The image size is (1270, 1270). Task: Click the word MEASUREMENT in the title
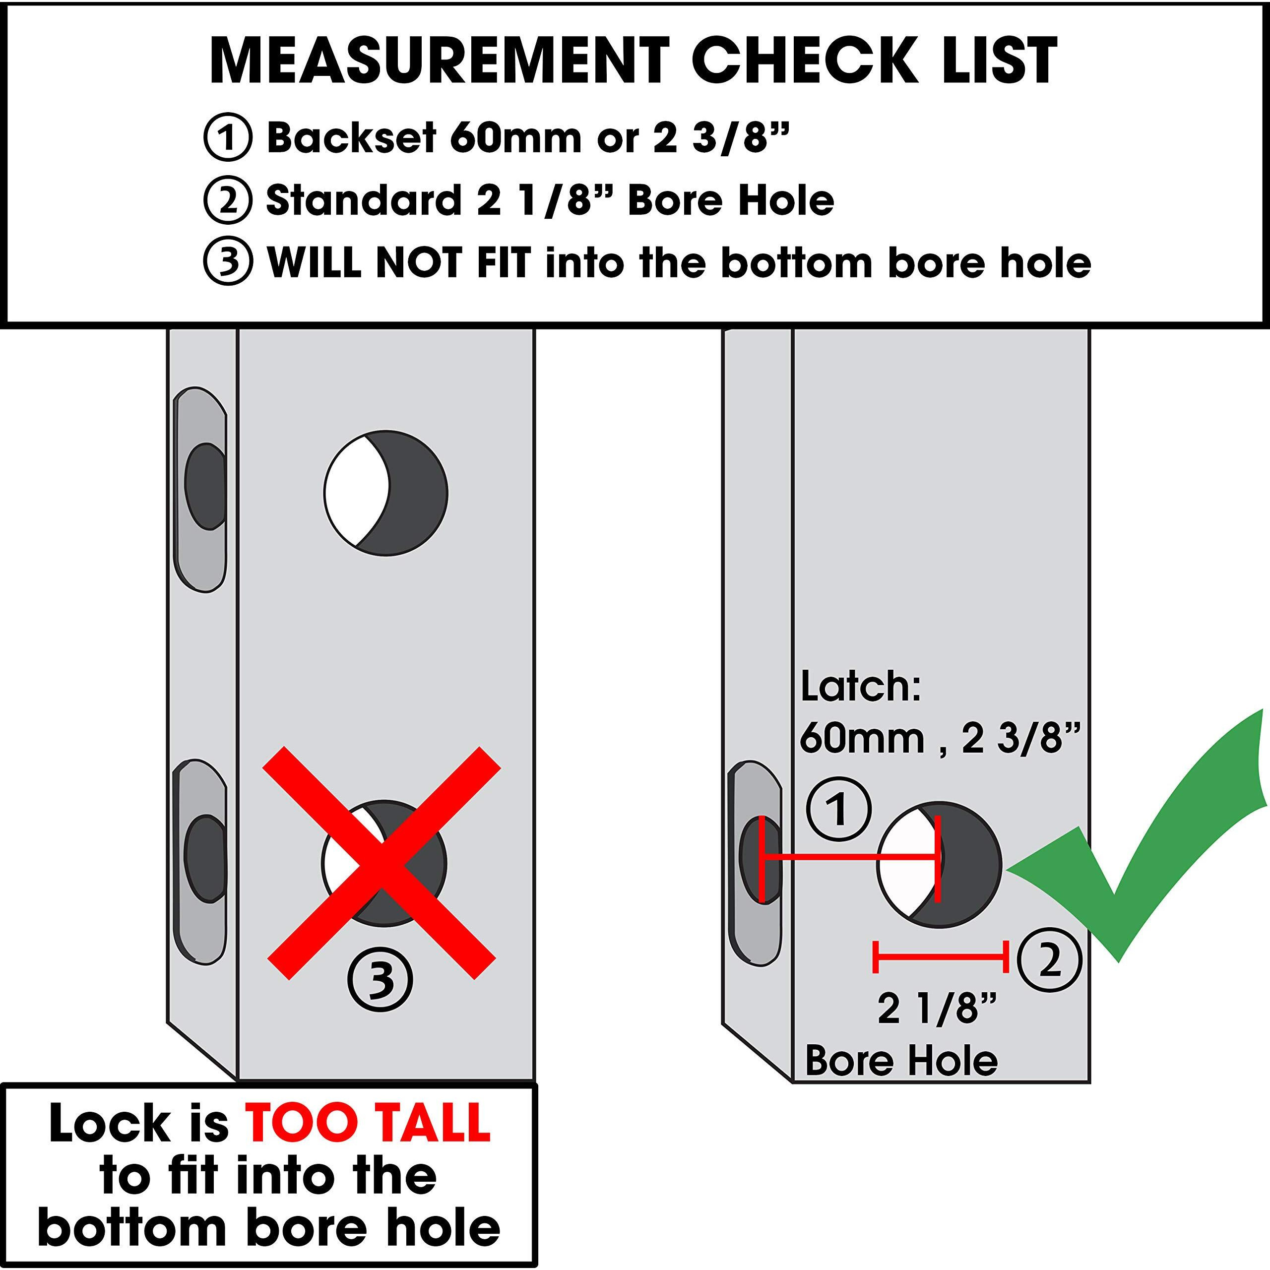439,61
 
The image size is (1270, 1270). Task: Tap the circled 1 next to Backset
227,137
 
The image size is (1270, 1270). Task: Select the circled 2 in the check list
227,200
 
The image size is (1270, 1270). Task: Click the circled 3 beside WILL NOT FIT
227,262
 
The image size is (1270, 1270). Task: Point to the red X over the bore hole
382,863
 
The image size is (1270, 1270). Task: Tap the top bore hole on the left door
386,493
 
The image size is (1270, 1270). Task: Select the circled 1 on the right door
839,809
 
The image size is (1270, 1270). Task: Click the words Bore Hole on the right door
901,1060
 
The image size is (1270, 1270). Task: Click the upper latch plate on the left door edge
202,490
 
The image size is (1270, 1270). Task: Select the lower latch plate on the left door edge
202,861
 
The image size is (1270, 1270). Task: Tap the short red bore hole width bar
940,956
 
